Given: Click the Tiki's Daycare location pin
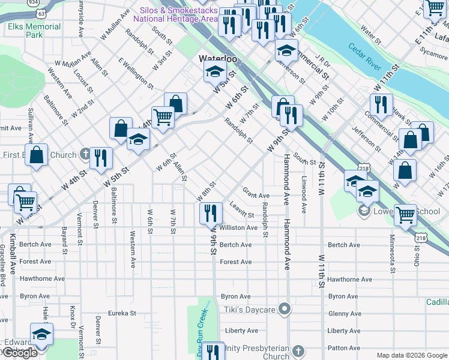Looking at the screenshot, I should (x=285, y=310).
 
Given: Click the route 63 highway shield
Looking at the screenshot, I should (x=40, y=12).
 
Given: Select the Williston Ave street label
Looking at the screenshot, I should (x=238, y=228).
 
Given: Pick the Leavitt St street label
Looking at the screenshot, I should (x=242, y=210).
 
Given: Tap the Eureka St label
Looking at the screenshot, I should (x=122, y=313).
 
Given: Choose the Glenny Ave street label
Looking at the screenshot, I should (x=344, y=314).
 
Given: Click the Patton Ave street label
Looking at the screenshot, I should (x=344, y=348).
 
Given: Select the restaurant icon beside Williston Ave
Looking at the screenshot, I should (x=209, y=213).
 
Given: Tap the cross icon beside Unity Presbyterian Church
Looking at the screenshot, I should (x=300, y=349).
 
